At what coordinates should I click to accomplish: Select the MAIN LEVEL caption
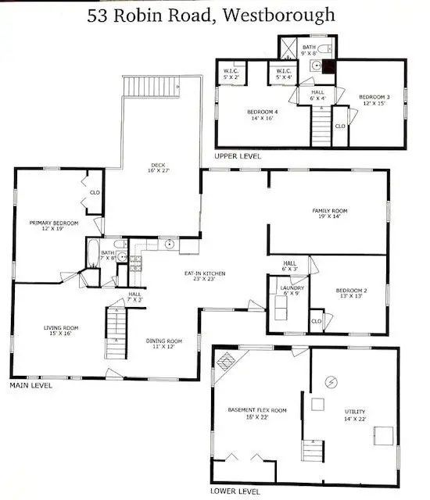click(x=30, y=385)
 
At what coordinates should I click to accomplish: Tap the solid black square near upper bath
click(x=329, y=66)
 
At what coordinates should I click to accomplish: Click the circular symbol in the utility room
click(x=331, y=382)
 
